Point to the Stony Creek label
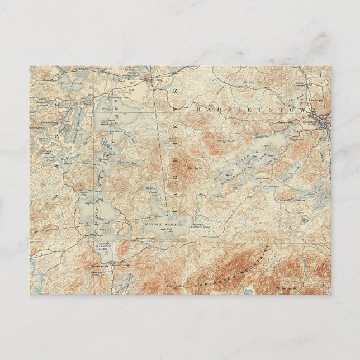[x=175, y=285]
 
